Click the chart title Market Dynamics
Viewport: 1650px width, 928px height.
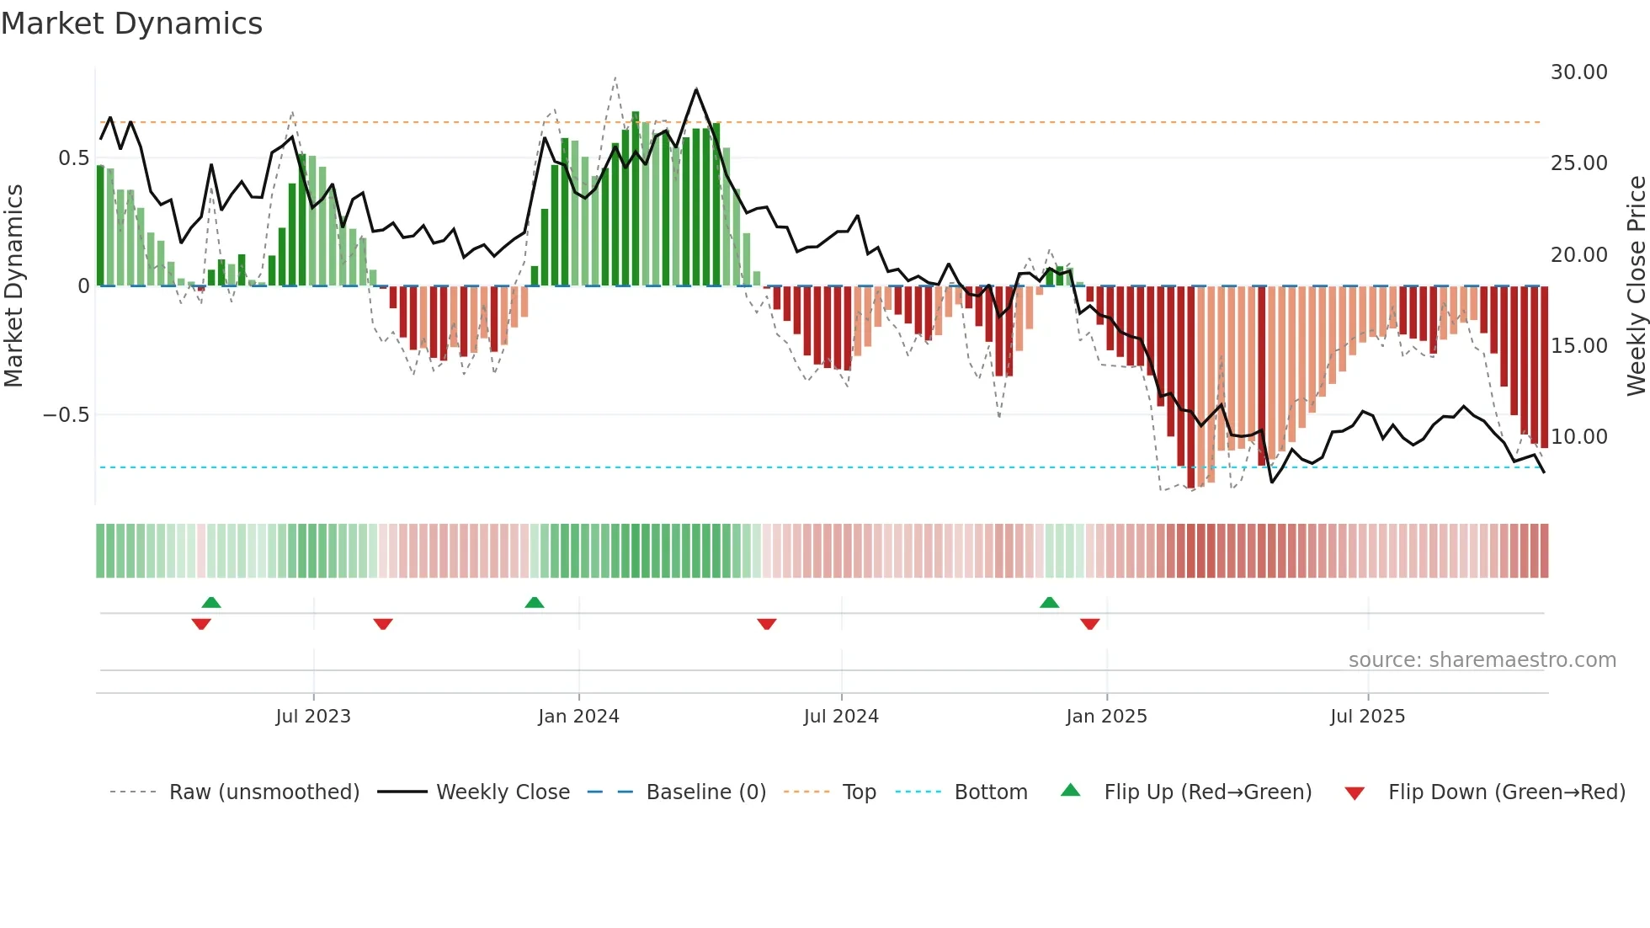point(132,24)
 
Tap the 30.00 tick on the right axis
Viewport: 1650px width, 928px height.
point(1578,72)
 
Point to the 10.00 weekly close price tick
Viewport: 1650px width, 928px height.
point(1578,436)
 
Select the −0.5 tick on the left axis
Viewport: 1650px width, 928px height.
point(66,414)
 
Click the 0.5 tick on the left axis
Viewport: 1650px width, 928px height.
point(73,157)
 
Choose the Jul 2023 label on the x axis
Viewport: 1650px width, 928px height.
point(313,716)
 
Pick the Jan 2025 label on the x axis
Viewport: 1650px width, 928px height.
point(1106,716)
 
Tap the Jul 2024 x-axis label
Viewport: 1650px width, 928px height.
point(841,716)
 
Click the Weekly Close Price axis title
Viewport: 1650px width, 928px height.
point(1636,285)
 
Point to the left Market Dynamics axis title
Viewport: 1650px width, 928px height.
point(13,285)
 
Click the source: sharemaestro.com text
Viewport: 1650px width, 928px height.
point(1482,659)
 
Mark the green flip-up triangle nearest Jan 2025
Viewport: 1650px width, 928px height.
point(1049,602)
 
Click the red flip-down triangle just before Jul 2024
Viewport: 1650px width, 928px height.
point(766,624)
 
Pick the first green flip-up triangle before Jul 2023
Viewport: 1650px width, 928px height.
point(211,602)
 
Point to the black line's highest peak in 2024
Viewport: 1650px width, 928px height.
point(696,89)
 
